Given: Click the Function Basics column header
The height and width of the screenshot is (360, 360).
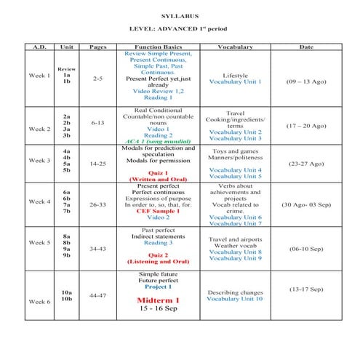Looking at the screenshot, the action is (158, 47).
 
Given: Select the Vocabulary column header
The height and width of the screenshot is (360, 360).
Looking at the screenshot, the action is (235, 47).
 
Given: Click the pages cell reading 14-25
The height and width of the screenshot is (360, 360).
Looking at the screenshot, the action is (97, 164).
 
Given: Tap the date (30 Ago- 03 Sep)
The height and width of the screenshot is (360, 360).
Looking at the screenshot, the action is (306, 205).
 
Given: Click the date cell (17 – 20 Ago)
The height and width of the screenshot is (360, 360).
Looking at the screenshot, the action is (306, 125).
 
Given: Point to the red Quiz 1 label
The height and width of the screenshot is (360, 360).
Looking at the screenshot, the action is (158, 172).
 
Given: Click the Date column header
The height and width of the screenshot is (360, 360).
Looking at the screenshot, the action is (306, 47).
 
